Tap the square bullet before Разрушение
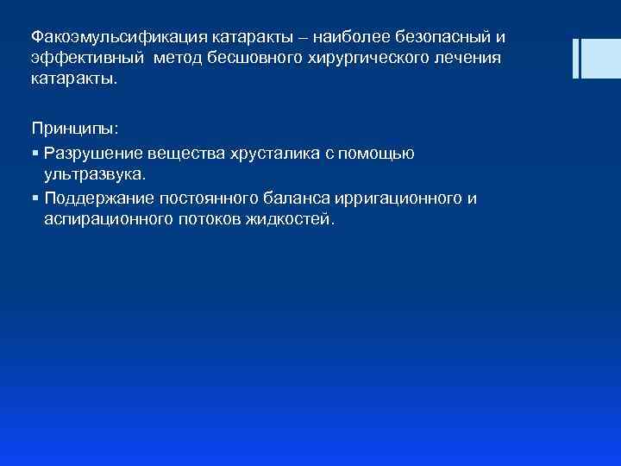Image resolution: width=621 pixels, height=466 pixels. click(34, 154)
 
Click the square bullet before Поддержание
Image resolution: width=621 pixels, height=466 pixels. click(34, 198)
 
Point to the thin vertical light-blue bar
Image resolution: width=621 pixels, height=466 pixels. click(575, 57)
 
